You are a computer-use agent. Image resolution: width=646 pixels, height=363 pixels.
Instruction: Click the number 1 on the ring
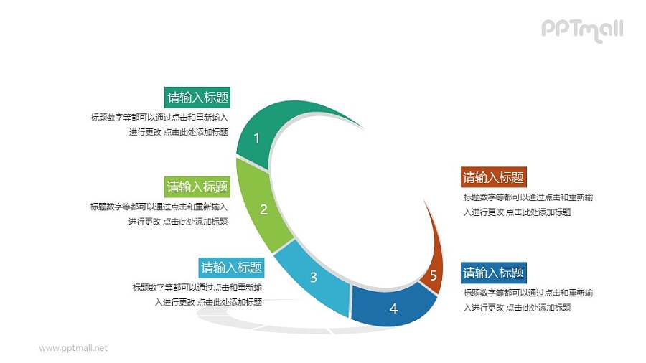click(257, 138)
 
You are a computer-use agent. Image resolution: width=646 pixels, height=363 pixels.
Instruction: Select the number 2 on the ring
click(263, 209)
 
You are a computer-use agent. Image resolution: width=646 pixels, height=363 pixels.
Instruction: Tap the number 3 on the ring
click(313, 278)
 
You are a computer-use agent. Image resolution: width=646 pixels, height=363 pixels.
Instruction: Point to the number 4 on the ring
click(393, 308)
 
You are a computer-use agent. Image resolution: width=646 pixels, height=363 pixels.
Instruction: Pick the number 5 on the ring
click(433, 275)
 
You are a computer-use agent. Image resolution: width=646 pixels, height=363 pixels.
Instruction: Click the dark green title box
click(197, 98)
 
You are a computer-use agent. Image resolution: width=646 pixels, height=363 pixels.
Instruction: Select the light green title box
click(197, 187)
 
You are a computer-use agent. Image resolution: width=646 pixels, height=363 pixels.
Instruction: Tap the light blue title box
click(232, 268)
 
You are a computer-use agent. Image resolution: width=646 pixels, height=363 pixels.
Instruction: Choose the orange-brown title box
click(493, 177)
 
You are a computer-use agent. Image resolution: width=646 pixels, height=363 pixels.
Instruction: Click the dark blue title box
click(493, 273)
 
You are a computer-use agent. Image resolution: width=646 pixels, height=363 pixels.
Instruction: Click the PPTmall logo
click(582, 29)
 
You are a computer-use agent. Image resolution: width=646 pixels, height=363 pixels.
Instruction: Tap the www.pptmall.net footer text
click(73, 348)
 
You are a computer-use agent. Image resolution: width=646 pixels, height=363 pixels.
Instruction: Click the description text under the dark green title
click(159, 124)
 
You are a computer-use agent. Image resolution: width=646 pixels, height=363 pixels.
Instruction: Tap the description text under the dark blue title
click(528, 300)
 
